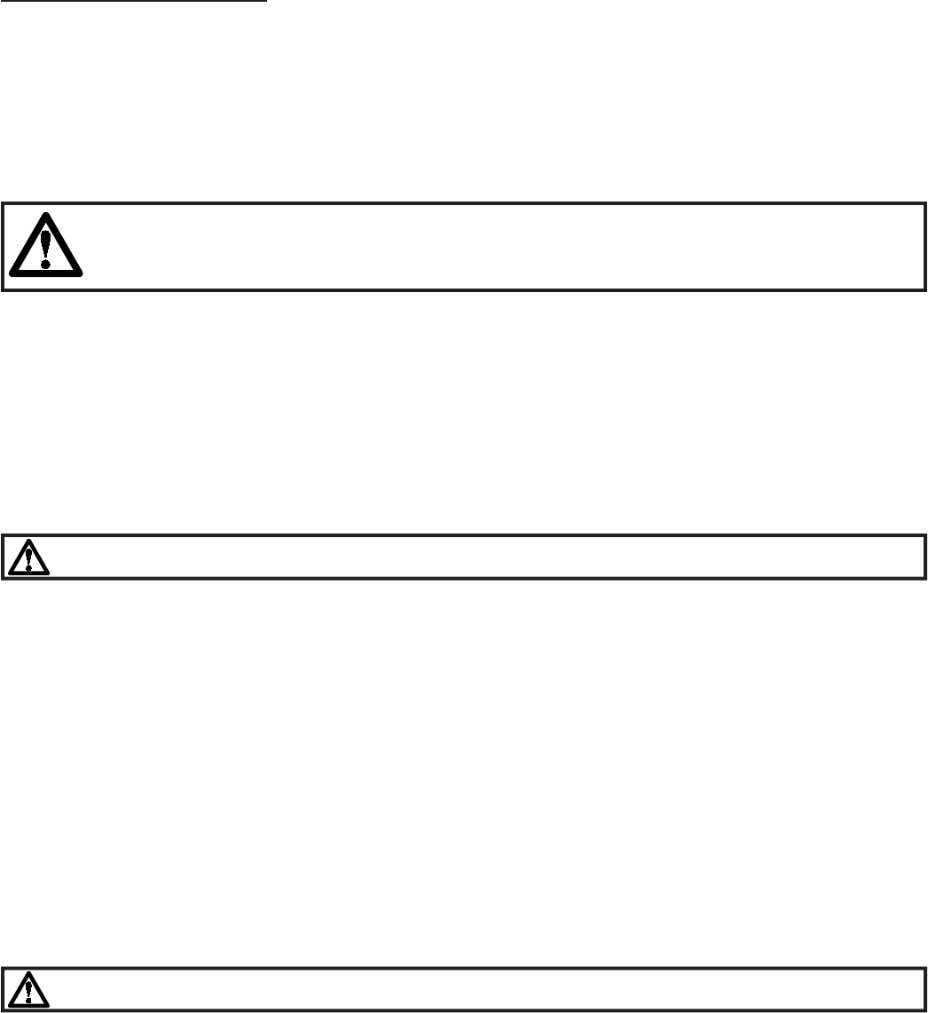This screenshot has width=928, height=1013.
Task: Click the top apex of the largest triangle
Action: (x=45, y=213)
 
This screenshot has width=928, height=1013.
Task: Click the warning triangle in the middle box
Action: (x=29, y=558)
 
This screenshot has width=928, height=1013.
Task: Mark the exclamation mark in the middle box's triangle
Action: (x=29, y=558)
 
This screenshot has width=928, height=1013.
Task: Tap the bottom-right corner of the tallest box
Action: (x=924, y=289)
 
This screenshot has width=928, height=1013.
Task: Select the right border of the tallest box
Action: (x=924, y=247)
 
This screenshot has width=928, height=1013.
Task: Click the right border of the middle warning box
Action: (x=924, y=557)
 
